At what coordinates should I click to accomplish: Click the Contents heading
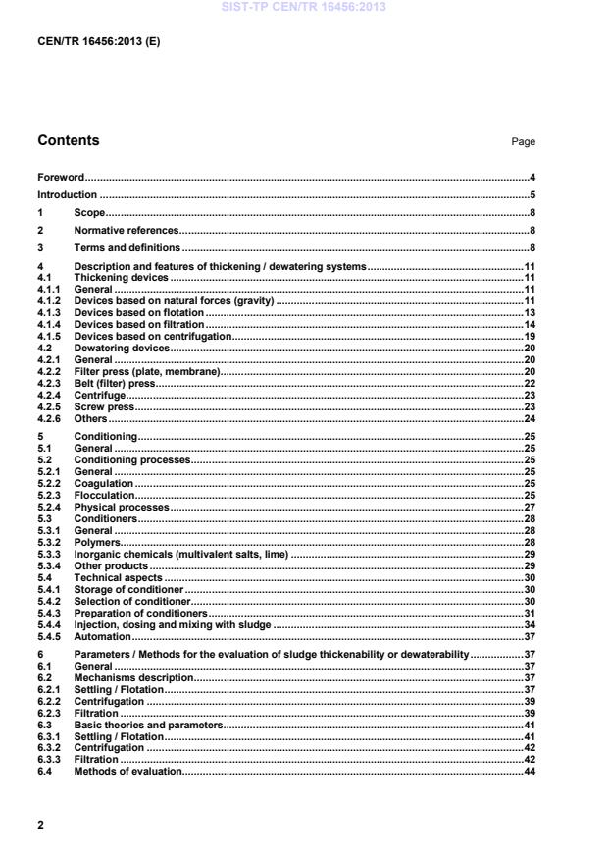[68, 141]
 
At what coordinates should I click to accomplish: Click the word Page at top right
[523, 142]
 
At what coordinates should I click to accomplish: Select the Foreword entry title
[60, 178]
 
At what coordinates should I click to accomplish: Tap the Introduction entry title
[67, 194]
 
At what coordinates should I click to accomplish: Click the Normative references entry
[127, 230]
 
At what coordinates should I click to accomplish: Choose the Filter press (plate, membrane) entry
[146, 371]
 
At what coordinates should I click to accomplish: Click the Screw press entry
[104, 406]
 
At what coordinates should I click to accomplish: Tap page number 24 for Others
[529, 418]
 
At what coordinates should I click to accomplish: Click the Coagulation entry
[104, 483]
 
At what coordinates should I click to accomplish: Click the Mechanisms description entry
[134, 677]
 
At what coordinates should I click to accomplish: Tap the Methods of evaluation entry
[128, 772]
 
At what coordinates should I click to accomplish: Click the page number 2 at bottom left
[40, 825]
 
